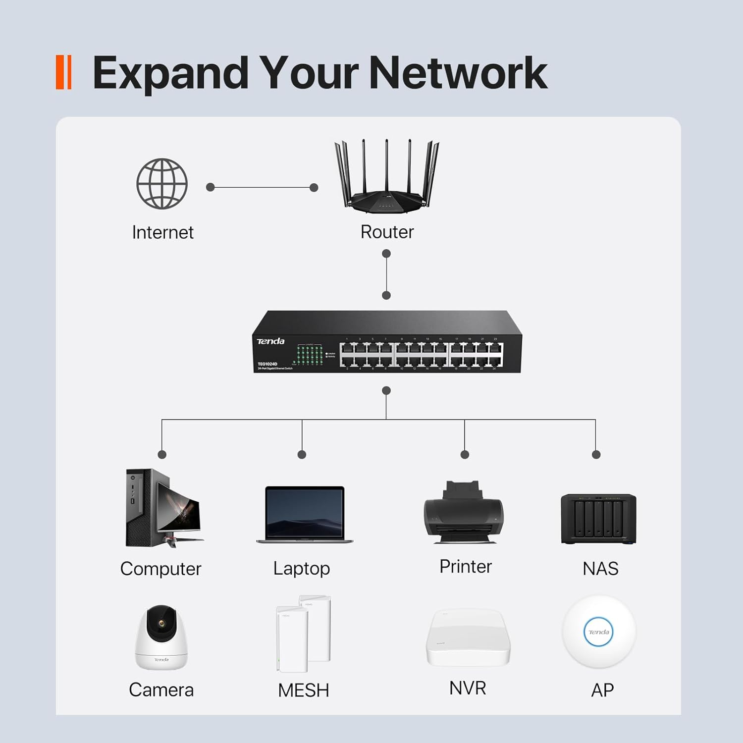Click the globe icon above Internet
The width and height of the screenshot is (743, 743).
(162, 184)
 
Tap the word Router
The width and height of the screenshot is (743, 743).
(387, 232)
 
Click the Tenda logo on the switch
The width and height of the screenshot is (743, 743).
(270, 341)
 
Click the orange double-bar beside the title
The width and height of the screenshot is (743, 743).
(64, 73)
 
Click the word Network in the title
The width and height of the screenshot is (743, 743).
(458, 73)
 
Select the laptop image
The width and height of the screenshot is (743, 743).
(304, 515)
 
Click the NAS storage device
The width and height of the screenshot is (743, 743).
(598, 519)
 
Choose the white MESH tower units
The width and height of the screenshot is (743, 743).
(303, 634)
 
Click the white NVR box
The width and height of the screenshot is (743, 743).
(468, 638)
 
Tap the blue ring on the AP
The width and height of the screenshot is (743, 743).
(598, 632)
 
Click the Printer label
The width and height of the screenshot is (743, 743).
(465, 567)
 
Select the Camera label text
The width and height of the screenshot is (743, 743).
(161, 690)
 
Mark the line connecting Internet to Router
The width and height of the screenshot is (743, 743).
(262, 187)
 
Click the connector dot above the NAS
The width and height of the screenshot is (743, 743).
(596, 454)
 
